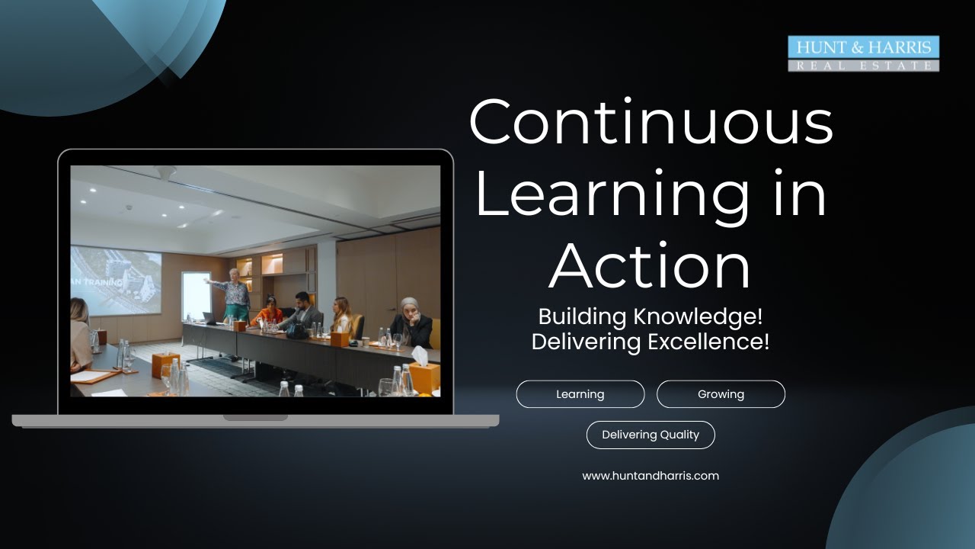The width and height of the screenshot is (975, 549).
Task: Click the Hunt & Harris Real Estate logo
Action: pyautogui.click(x=863, y=54)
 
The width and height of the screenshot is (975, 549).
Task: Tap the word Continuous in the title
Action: pyautogui.click(x=651, y=121)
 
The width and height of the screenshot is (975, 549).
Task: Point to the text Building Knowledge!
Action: pyautogui.click(x=650, y=316)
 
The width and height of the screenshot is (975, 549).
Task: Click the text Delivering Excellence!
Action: pyautogui.click(x=650, y=342)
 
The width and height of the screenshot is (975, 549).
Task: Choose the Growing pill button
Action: pyautogui.click(x=721, y=394)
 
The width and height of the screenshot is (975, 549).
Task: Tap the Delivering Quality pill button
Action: pyautogui.click(x=651, y=435)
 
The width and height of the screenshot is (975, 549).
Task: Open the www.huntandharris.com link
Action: pyautogui.click(x=651, y=476)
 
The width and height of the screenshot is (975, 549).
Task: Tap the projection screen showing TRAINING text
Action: pyautogui.click(x=116, y=280)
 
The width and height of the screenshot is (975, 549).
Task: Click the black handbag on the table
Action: pyautogui.click(x=296, y=332)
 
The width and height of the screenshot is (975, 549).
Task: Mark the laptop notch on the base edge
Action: pyautogui.click(x=255, y=418)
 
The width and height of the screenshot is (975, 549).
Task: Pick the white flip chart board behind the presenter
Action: pyautogui.click(x=196, y=295)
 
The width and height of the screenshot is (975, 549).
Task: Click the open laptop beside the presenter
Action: pyautogui.click(x=210, y=318)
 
